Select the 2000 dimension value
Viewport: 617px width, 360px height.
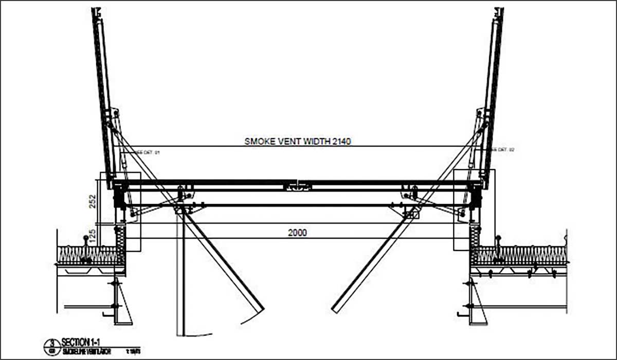tap(297, 232)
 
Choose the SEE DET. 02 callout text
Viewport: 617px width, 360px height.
tap(503, 150)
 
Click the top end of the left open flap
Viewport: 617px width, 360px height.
tap(96, 11)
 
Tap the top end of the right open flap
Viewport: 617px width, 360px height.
tap(500, 11)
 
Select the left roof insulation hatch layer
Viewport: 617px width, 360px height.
tap(87, 255)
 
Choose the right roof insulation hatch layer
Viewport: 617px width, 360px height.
tap(519, 255)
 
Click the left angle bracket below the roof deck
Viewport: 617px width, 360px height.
tap(120, 303)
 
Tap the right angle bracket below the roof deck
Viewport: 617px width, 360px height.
tap(476, 303)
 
